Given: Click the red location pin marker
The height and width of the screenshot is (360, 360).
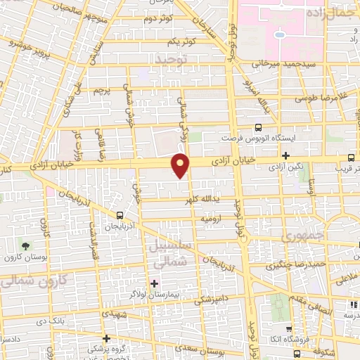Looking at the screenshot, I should (x=181, y=165).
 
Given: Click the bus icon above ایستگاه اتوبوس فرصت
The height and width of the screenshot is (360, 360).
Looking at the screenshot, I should (x=258, y=127).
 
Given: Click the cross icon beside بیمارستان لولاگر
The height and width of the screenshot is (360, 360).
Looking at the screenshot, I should (x=155, y=283).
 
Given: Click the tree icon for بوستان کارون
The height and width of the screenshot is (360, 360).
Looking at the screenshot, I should (x=25, y=246).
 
